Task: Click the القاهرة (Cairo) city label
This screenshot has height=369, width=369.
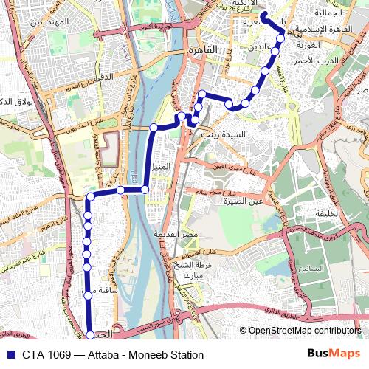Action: pos(204,49)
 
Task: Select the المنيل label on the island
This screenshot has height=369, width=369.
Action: pos(160,167)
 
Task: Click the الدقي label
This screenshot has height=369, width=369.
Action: pos(97,75)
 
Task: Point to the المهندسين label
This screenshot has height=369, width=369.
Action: pos(47,22)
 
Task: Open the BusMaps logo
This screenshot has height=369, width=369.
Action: pos(333,354)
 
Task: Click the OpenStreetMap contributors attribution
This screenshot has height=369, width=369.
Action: pos(304,331)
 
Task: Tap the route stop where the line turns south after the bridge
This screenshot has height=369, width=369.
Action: pos(90,196)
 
